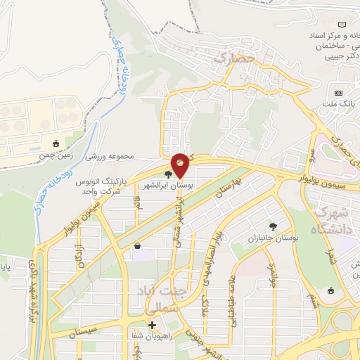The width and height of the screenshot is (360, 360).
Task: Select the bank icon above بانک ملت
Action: coord(339,93)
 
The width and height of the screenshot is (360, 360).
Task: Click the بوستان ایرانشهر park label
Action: coord(168,186)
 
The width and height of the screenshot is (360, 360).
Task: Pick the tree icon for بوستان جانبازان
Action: coord(274,226)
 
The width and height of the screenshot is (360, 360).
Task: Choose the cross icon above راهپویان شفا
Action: coord(152,325)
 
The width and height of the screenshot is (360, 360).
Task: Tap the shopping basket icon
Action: coord(136,245)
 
